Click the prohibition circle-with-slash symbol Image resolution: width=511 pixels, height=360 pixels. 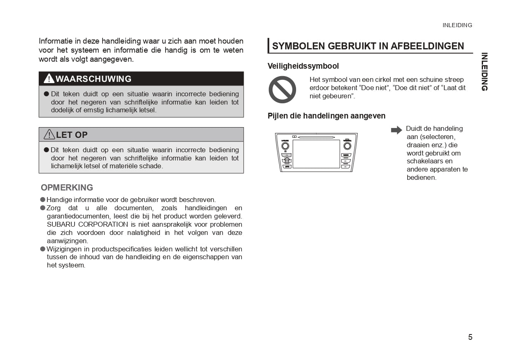282,90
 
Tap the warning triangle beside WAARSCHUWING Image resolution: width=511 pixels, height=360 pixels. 49,79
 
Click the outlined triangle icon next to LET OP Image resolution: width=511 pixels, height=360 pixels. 49,134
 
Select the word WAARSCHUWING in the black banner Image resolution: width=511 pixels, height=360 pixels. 93,79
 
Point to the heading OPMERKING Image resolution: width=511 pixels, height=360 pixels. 67,188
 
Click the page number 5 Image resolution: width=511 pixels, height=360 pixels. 470,337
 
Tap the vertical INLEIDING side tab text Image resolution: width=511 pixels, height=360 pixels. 484,72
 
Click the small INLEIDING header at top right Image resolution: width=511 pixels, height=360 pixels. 457,25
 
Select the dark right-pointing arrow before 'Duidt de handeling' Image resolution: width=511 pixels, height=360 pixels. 396,130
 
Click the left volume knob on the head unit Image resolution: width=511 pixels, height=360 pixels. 285,146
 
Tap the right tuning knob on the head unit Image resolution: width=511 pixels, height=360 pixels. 347,146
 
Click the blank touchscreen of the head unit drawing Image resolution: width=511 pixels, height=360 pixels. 316,153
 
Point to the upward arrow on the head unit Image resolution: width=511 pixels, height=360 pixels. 287,160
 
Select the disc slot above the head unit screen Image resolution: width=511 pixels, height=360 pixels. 316,137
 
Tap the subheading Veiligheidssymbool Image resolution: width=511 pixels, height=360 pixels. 303,66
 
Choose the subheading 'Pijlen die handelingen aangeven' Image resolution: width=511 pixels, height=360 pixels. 327,116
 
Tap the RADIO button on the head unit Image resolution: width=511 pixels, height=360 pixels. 345,156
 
